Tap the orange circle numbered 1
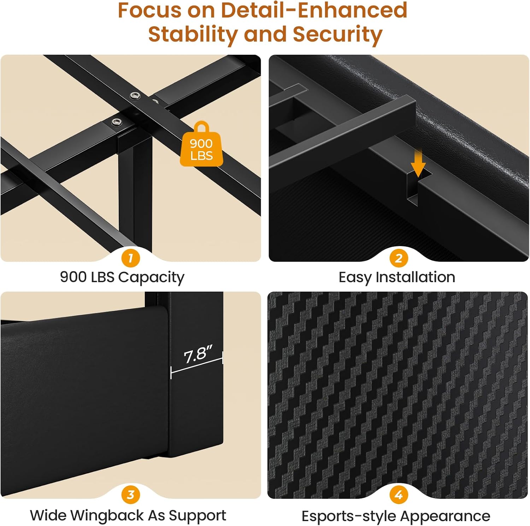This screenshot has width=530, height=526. (x=131, y=258)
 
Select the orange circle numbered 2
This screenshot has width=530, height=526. (x=399, y=258)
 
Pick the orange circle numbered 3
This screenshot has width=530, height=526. (x=131, y=495)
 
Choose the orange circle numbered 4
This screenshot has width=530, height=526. (x=399, y=495)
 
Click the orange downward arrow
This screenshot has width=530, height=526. (x=418, y=163)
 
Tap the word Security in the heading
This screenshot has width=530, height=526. (x=338, y=35)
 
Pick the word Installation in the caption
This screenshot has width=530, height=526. (x=415, y=277)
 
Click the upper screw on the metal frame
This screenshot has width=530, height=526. (x=135, y=95)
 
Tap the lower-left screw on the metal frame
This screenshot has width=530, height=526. (x=116, y=122)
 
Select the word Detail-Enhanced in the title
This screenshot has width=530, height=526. (x=314, y=10)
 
